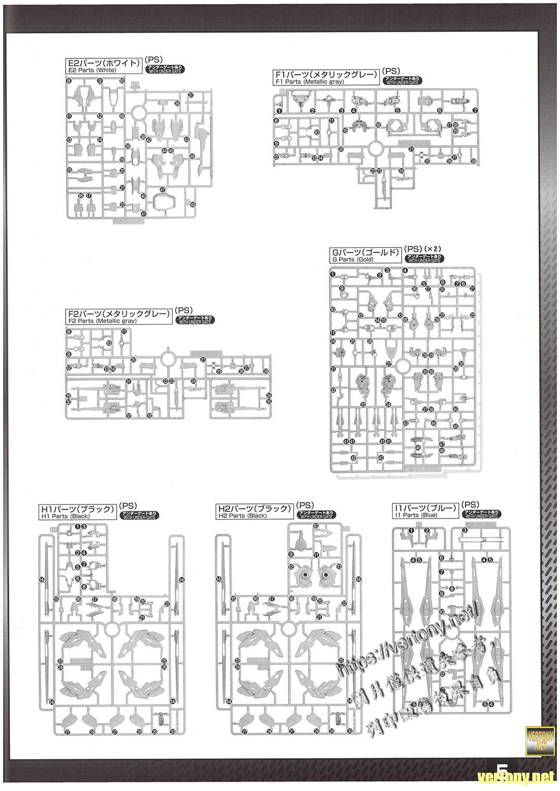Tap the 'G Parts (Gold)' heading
click(365, 255)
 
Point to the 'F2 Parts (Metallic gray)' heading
click(119, 317)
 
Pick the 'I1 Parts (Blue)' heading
click(426, 511)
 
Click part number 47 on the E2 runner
click(163, 189)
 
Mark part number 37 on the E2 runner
click(191, 95)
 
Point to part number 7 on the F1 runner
click(475, 111)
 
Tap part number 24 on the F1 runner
click(401, 171)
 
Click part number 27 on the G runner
click(388, 364)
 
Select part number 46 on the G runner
click(418, 447)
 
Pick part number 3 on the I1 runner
click(465, 530)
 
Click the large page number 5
click(503, 772)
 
